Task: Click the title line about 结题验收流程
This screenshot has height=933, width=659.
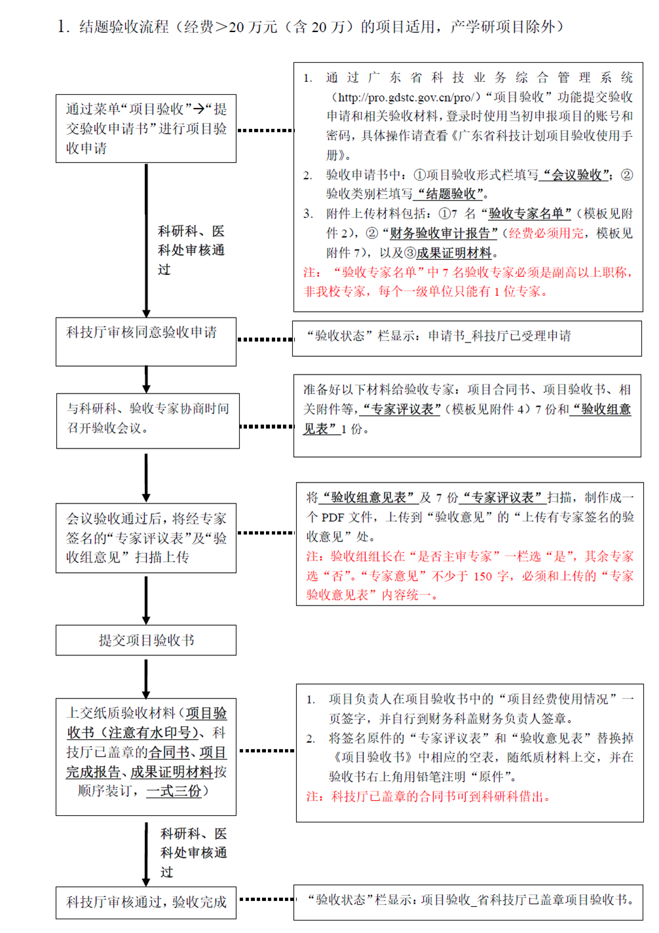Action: pyautogui.click(x=310, y=27)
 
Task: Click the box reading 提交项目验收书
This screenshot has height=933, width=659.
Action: pyautogui.click(x=146, y=640)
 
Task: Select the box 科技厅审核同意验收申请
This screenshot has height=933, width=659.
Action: pyautogui.click(x=146, y=342)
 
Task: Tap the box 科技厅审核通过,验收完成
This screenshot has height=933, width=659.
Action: pyautogui.click(x=146, y=903)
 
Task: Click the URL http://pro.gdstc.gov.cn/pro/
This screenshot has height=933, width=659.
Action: pyautogui.click(x=406, y=98)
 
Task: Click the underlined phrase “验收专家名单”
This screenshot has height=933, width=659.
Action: pyautogui.click(x=525, y=213)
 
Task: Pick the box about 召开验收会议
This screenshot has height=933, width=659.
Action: pyautogui.click(x=148, y=421)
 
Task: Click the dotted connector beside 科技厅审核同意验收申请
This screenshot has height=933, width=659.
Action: pyautogui.click(x=265, y=339)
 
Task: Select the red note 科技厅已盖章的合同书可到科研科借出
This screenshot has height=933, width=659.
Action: pyautogui.click(x=428, y=796)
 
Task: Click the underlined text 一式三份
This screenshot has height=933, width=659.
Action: pyautogui.click(x=174, y=790)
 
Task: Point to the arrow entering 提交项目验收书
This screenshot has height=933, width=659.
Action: pyautogui.click(x=146, y=600)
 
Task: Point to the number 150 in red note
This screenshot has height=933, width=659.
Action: pyautogui.click(x=483, y=576)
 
